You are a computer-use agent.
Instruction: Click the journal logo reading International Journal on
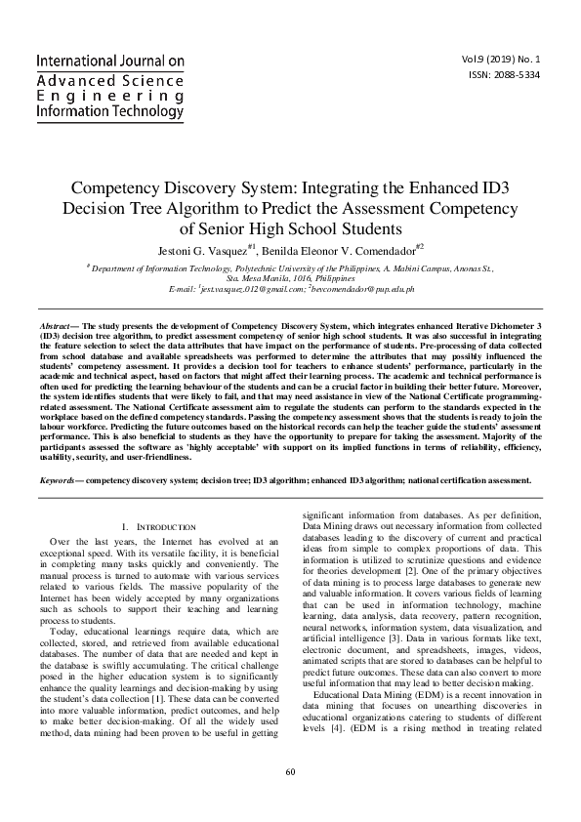pyautogui.click(x=109, y=62)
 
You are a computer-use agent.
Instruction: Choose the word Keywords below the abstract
pyautogui.click(x=60, y=480)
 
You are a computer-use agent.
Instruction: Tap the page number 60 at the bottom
pyautogui.click(x=290, y=800)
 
